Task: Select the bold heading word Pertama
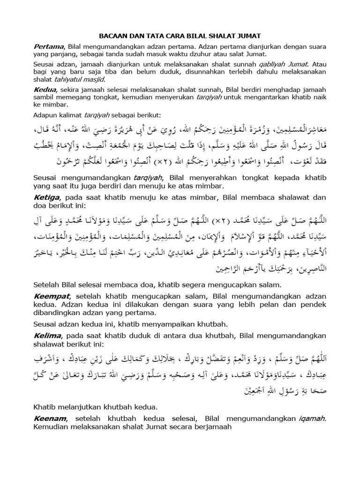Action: pyautogui.click(x=49, y=46)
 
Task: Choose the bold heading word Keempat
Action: pyautogui.click(x=52, y=296)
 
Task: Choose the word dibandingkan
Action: pyautogui.click(x=57, y=313)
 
